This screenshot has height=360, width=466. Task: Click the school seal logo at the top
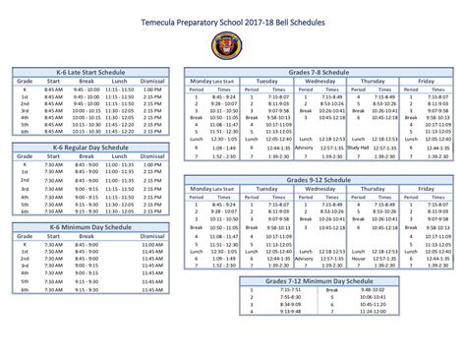click(232, 45)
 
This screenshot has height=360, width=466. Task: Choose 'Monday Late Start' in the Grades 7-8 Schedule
click(213, 81)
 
